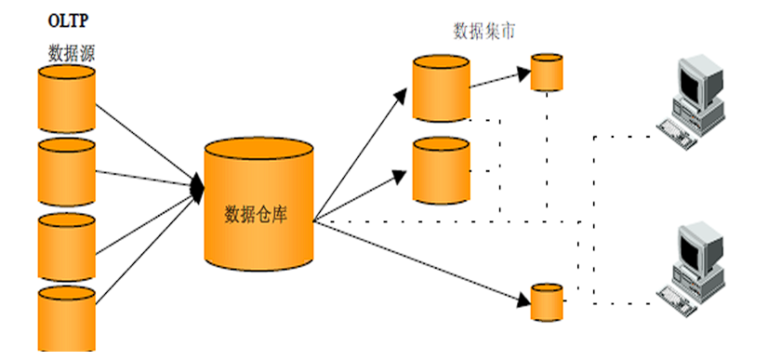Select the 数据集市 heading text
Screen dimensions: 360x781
click(x=483, y=32)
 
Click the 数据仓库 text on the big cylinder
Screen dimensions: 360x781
click(x=256, y=213)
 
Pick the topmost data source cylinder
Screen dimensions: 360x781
click(x=66, y=99)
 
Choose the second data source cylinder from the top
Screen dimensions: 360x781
click(x=66, y=172)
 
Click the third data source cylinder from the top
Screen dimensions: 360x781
click(x=66, y=247)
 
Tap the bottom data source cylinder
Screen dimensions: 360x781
click(x=66, y=318)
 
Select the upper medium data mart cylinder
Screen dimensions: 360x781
click(x=442, y=88)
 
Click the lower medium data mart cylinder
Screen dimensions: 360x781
click(x=442, y=170)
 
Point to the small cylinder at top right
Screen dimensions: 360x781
click(x=547, y=73)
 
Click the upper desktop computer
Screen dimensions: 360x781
click(x=693, y=98)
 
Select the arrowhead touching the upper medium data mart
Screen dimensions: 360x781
click(x=406, y=91)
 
